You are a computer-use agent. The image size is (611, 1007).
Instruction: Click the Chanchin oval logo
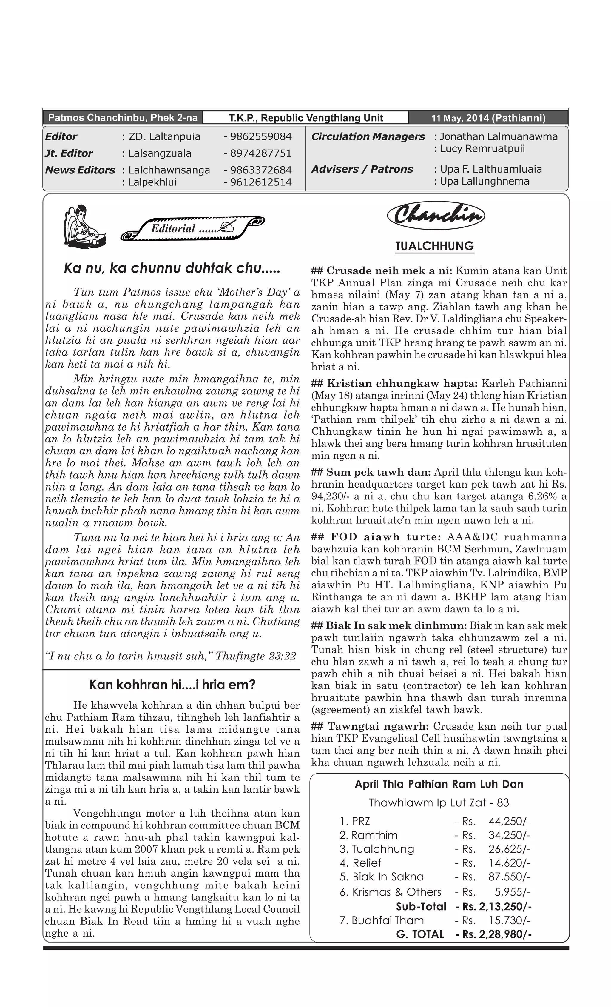point(435,215)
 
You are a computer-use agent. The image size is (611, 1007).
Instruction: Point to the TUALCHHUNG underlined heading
point(435,246)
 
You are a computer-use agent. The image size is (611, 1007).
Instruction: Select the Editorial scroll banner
point(192,227)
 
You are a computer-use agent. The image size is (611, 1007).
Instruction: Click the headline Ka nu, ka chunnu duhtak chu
point(172,268)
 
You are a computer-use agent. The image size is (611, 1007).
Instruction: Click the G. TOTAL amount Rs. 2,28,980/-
point(497,934)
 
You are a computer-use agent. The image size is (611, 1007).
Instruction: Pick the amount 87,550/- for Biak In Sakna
point(509,877)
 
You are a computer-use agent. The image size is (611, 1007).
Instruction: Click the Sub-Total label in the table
point(421,906)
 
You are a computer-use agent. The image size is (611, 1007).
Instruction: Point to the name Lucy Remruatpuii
point(482,149)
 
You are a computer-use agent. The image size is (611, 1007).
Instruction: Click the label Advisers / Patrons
point(362,169)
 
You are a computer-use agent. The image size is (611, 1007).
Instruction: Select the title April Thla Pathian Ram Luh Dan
point(439,784)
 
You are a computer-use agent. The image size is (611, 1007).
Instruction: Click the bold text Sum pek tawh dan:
point(378,472)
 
